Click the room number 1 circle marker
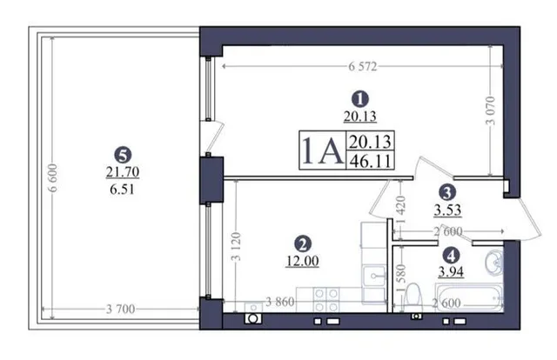(x=359, y=99)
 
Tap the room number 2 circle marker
(x=303, y=243)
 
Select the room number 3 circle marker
(x=447, y=192)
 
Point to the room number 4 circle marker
(x=451, y=255)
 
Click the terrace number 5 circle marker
(x=123, y=155)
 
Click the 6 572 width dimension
(x=362, y=66)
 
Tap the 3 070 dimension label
(x=491, y=110)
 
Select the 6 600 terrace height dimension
(x=52, y=178)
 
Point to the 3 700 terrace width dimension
(x=120, y=310)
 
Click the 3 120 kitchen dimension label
(x=236, y=246)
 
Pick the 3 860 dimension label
(x=280, y=302)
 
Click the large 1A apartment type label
(x=322, y=150)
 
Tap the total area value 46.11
(x=370, y=161)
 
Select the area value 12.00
(x=303, y=261)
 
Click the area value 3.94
(x=451, y=272)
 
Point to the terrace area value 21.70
(x=123, y=172)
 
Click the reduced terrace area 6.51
(x=122, y=190)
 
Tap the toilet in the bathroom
(x=413, y=297)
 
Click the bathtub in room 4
(x=470, y=297)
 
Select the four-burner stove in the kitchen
(x=326, y=300)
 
